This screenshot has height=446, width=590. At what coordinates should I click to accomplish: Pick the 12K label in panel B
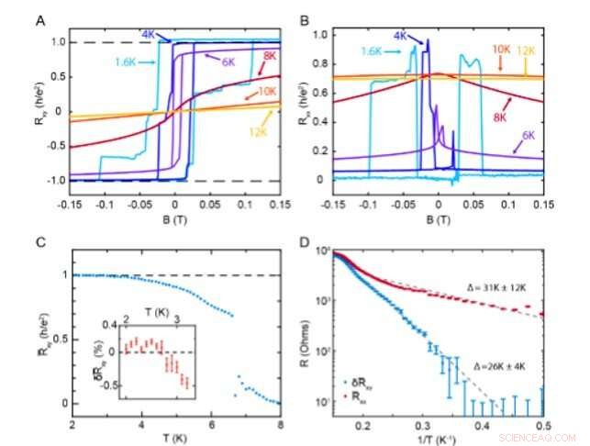(x=529, y=50)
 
